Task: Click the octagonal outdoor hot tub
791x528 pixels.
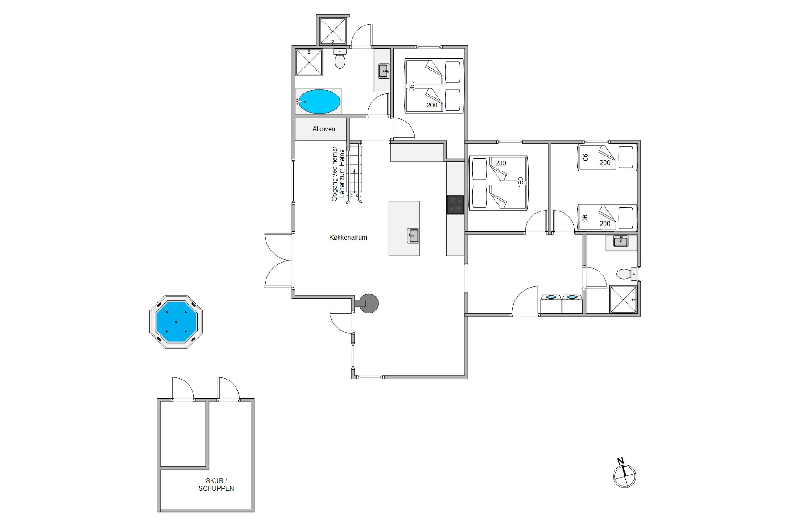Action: pos(176,321)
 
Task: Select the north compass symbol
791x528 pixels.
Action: pos(625,475)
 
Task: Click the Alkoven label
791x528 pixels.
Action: pos(323,129)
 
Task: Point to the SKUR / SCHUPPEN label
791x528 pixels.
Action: pos(216,485)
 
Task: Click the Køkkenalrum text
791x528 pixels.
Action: pos(348,237)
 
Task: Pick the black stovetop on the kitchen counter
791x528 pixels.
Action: pos(455,205)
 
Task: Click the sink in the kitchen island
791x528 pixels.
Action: pos(413,236)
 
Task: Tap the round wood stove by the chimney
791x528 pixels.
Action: pos(369,303)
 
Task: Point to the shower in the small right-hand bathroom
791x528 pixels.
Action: pos(623,299)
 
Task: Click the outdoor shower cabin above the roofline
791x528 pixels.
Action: pos(333,31)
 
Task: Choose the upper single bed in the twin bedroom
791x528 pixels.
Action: pos(607,157)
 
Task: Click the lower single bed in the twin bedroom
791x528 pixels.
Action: pos(607,218)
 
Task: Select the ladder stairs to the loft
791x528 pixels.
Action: pos(354,173)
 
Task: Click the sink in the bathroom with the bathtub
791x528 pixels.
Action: pos(384,71)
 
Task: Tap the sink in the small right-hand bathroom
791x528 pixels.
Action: pos(620,242)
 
